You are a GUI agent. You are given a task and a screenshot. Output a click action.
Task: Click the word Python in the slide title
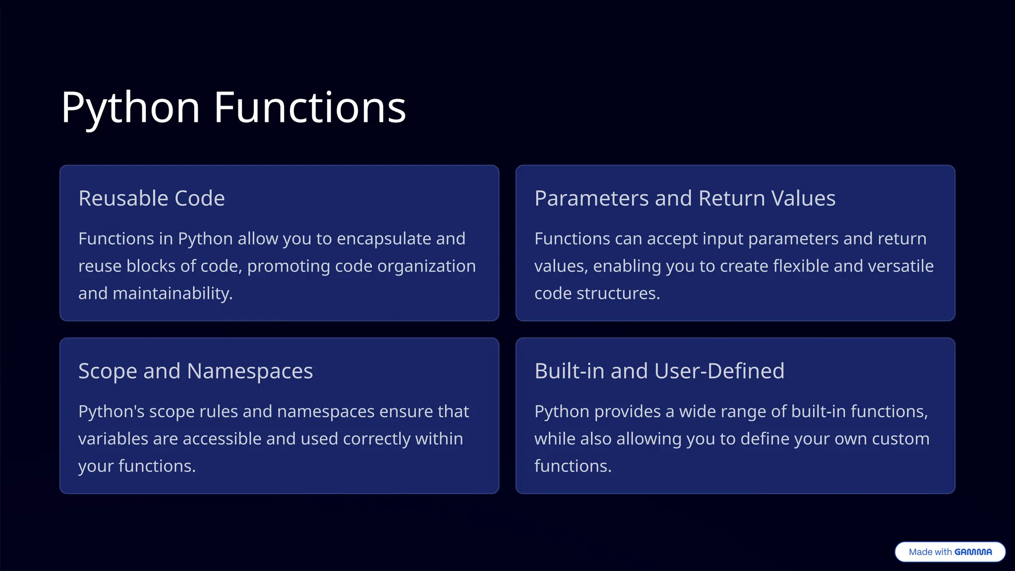130,108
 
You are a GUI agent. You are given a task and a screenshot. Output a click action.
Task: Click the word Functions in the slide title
310,108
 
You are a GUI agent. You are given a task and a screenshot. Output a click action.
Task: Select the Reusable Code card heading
152,198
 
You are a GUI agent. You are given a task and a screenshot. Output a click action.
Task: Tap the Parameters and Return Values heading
685,198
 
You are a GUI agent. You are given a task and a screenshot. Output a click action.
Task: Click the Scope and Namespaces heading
196,371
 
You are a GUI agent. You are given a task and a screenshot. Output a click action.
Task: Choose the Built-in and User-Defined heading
659,371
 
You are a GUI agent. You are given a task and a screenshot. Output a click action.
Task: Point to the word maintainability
172,293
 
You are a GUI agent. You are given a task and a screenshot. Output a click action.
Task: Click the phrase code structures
597,293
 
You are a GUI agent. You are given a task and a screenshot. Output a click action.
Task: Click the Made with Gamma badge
950,552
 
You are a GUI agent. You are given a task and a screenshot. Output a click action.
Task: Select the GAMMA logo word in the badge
973,552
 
